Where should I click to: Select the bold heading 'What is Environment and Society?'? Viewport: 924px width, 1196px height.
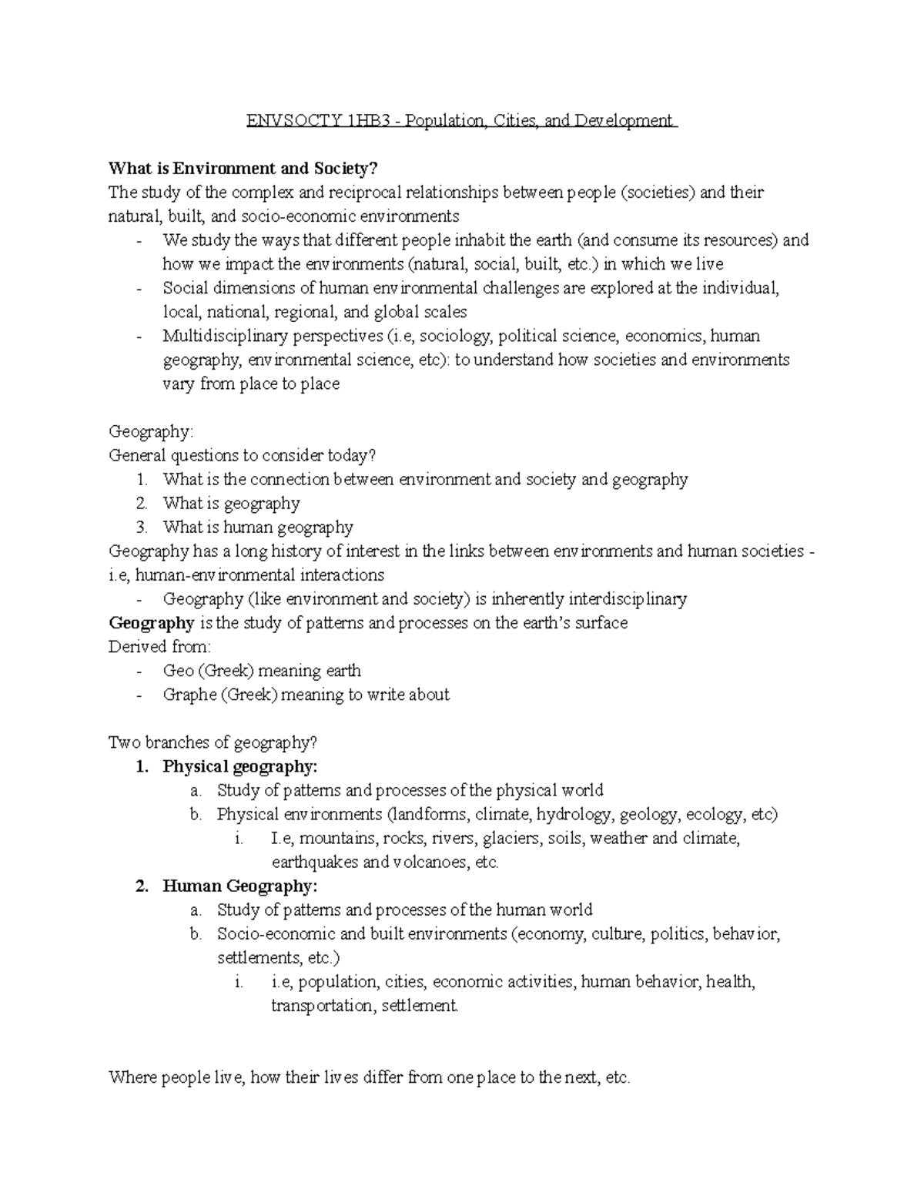[x=244, y=169]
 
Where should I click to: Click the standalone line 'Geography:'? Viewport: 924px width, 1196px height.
[x=150, y=432]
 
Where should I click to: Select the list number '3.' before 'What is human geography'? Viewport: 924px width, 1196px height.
[x=141, y=528]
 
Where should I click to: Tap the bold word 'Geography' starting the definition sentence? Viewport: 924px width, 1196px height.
[x=151, y=623]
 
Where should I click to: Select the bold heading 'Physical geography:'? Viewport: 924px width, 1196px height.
[x=239, y=767]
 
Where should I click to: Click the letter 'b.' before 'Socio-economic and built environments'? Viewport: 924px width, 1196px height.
[x=196, y=934]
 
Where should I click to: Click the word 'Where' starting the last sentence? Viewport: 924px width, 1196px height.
[x=132, y=1077]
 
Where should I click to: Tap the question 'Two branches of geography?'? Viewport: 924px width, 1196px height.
[x=213, y=743]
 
